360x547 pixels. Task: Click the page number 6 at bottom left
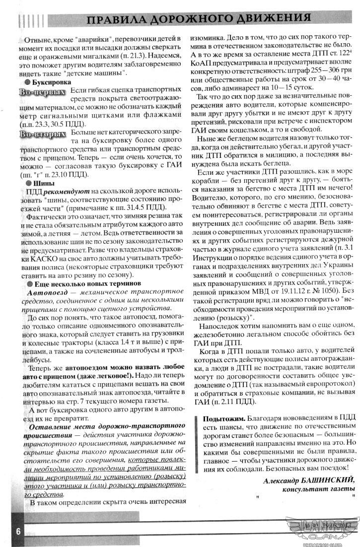tap(18, 530)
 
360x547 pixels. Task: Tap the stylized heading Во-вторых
tap(43, 135)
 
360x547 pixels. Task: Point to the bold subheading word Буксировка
tap(52, 82)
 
